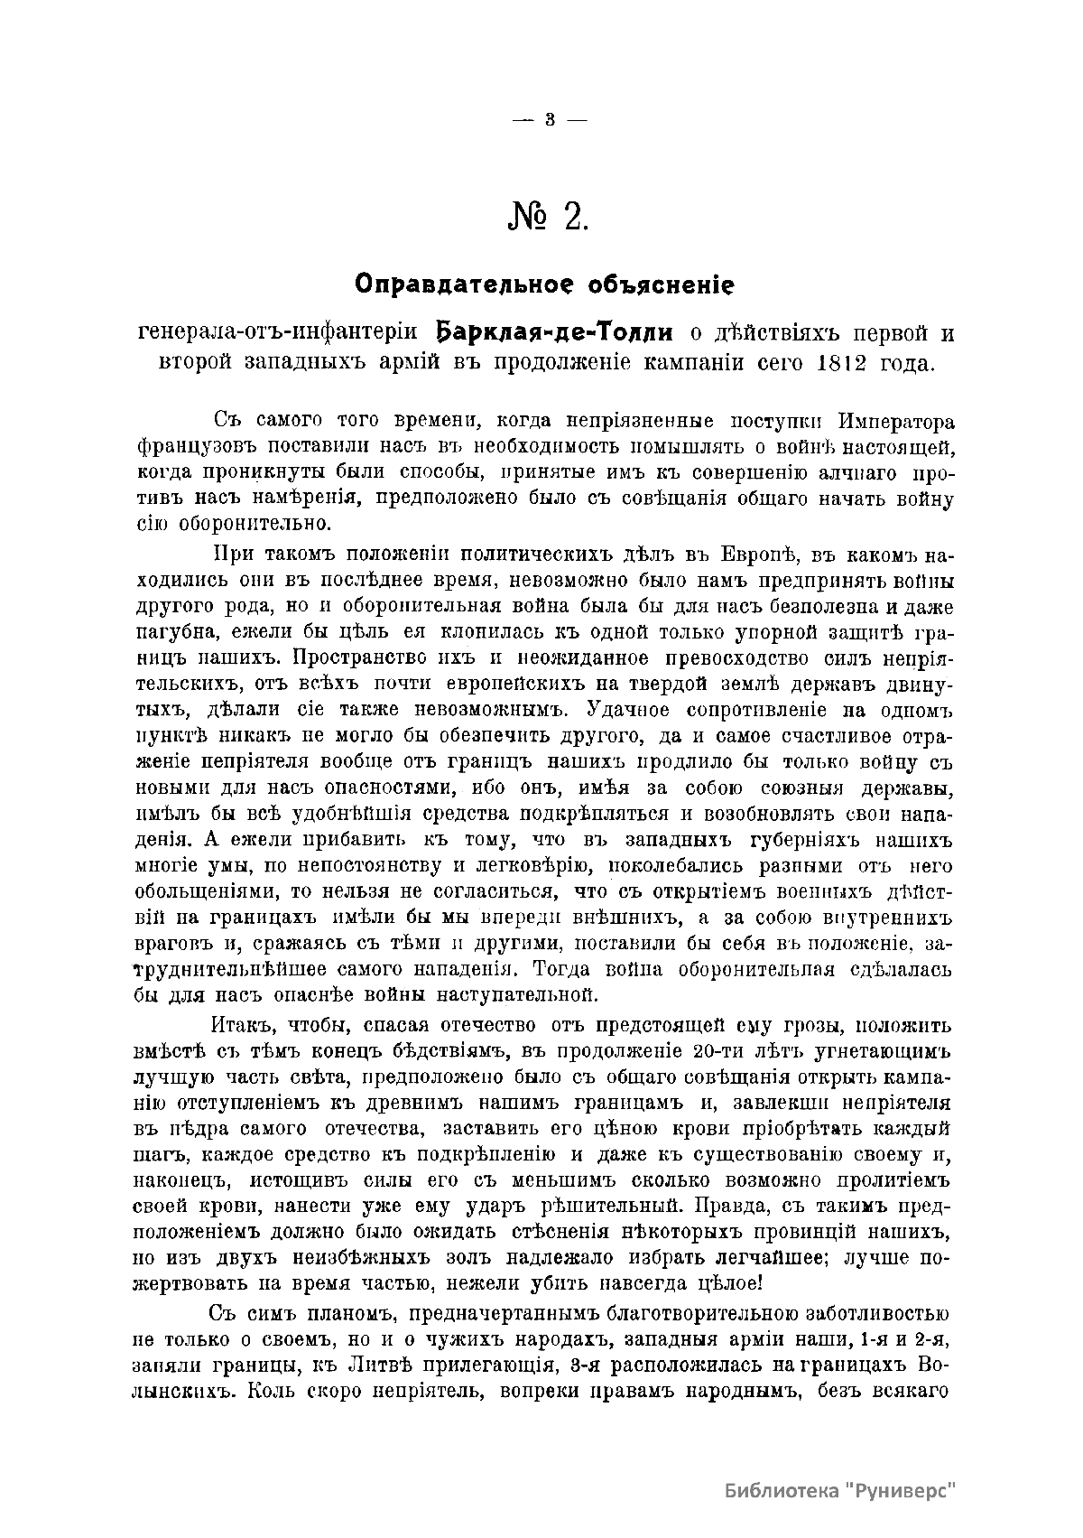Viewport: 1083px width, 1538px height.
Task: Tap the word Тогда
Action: pos(568,970)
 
